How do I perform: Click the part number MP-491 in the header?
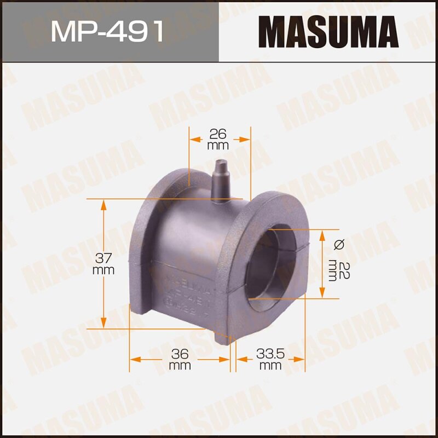pos(108,31)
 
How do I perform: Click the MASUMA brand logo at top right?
pos(328,31)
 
